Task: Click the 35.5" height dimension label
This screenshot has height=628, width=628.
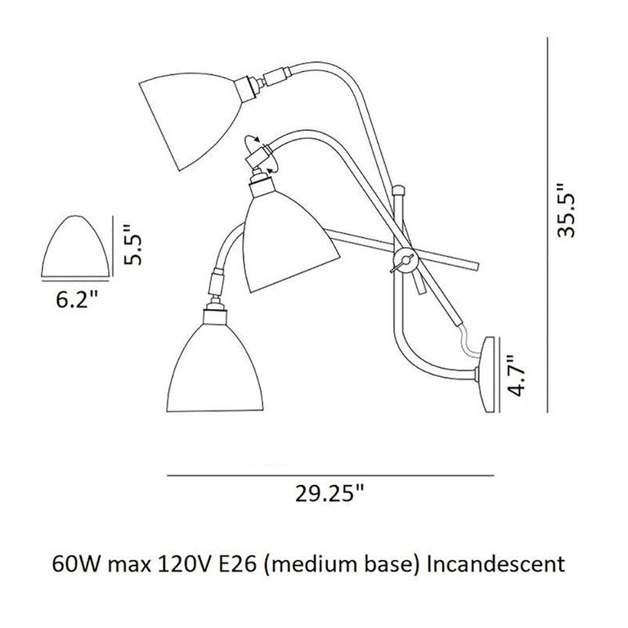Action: coord(565,210)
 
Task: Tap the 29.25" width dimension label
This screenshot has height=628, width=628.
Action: coord(330,494)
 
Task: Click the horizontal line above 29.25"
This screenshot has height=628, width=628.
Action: coord(330,474)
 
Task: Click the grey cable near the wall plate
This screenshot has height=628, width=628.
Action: coord(467,337)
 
